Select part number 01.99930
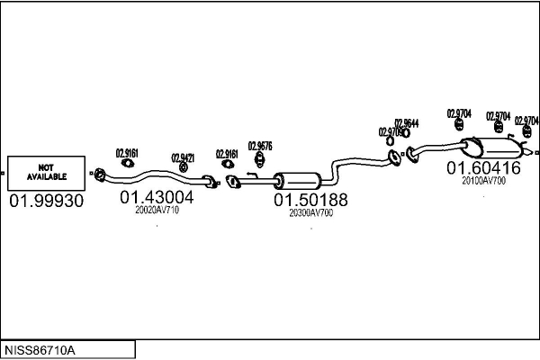(46, 201)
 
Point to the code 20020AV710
(157, 211)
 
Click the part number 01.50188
(310, 200)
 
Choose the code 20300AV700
(310, 213)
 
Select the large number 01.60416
(483, 167)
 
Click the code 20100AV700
(483, 181)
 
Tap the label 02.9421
(183, 157)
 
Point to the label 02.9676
(260, 146)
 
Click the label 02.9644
(406, 123)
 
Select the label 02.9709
(391, 132)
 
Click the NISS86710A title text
(41, 348)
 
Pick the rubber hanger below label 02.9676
(259, 161)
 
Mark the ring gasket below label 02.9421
(184, 167)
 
